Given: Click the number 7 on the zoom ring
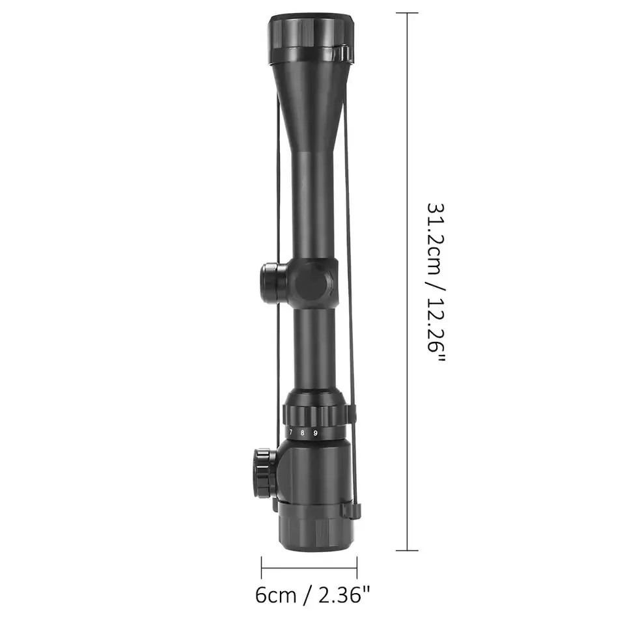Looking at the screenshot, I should tap(291, 432).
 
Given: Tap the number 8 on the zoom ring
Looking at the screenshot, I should tap(302, 433).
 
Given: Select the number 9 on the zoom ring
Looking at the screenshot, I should tap(315, 433).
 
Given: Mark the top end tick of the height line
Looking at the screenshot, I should tap(408, 13).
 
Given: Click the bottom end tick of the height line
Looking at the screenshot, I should tap(408, 550).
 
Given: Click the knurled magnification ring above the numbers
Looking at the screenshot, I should tap(316, 413).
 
